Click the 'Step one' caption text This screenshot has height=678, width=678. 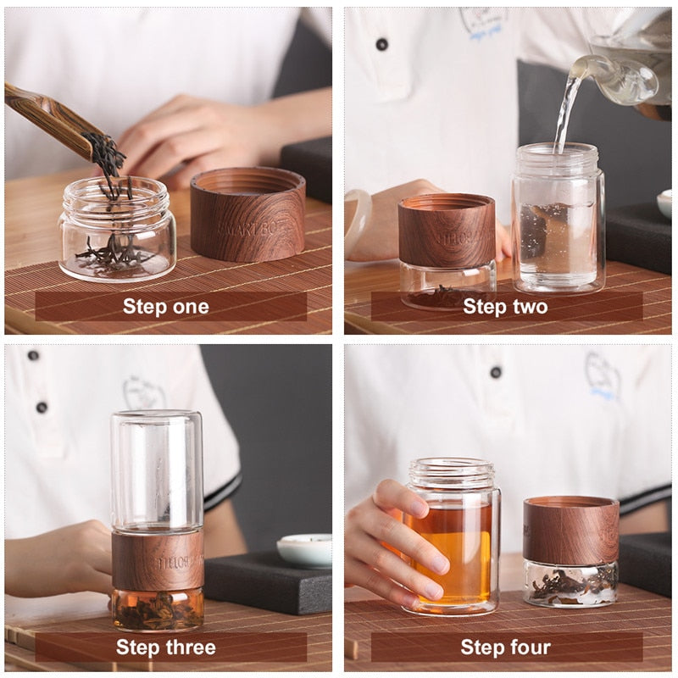pyautogui.click(x=166, y=307)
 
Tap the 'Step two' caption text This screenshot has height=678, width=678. pyautogui.click(x=505, y=307)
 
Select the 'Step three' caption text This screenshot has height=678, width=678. pyautogui.click(x=166, y=648)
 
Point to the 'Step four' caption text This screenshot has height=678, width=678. pyautogui.click(x=505, y=648)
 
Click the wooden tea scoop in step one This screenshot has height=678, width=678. pyautogui.click(x=51, y=119)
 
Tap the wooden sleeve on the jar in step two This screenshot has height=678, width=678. pyautogui.click(x=447, y=231)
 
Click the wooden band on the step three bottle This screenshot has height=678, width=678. pyautogui.click(x=158, y=559)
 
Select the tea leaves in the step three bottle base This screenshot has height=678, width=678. pyautogui.click(x=158, y=610)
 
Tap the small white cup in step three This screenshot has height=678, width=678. pyautogui.click(x=304, y=550)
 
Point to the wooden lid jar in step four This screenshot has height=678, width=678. pyautogui.click(x=570, y=551)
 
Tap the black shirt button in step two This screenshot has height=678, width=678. pyautogui.click(x=381, y=44)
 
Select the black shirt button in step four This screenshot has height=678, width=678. pyautogui.click(x=496, y=372)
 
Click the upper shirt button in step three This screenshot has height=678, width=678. pyautogui.click(x=33, y=355)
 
